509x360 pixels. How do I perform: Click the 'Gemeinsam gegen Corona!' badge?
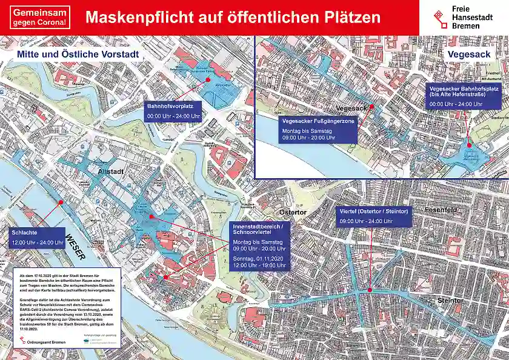click(x=41, y=17)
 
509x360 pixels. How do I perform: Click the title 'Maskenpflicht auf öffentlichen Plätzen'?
click(x=233, y=17)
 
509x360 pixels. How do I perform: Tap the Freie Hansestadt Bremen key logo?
click(x=441, y=17)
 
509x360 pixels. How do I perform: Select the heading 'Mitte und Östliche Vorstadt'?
click(x=78, y=55)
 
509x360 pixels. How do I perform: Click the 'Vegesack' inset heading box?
click(x=470, y=55)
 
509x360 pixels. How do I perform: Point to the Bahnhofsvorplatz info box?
click(x=173, y=111)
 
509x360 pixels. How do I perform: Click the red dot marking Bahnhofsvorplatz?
click(x=208, y=79)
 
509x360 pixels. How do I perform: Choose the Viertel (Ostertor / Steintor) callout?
click(x=374, y=216)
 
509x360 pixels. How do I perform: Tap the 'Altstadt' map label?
click(x=111, y=172)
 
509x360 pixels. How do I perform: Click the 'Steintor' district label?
click(x=450, y=301)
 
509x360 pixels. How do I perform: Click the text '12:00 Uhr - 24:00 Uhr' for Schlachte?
click(x=38, y=242)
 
